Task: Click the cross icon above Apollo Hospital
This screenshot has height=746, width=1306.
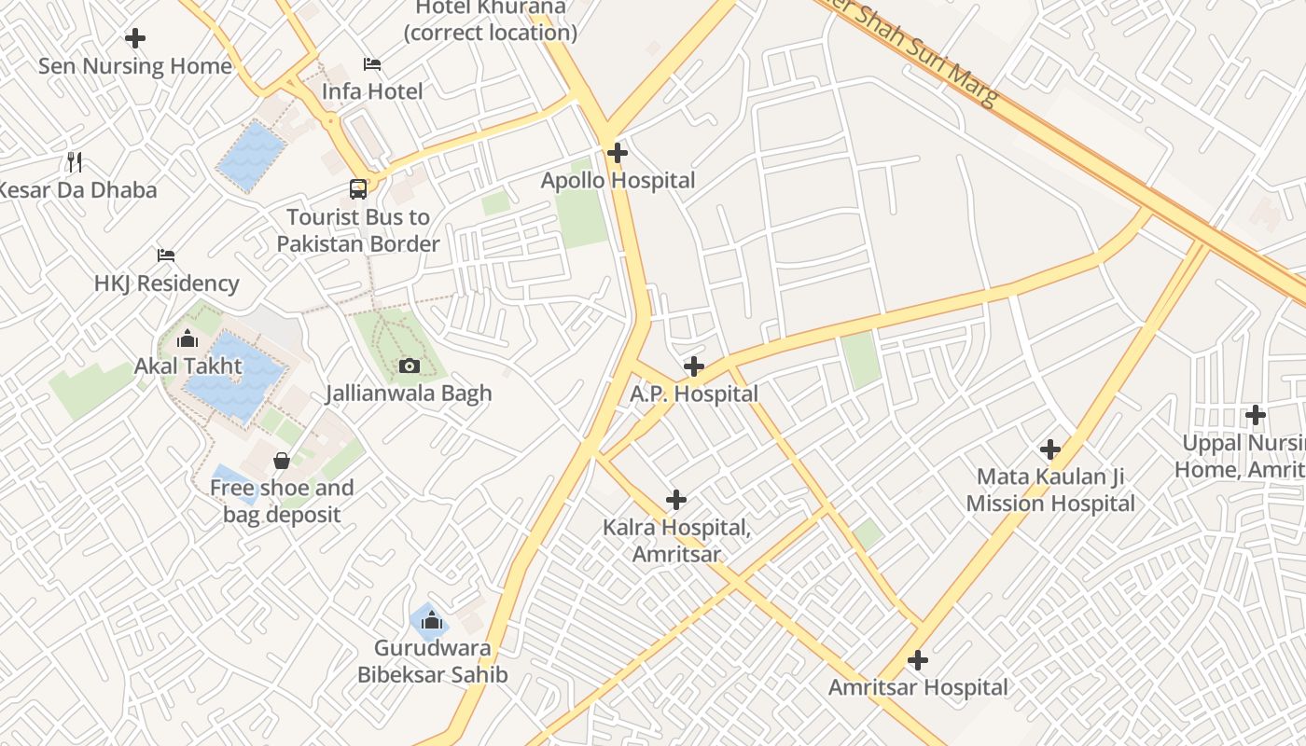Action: [618, 153]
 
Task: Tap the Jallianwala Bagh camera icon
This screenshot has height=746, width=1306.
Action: [409, 366]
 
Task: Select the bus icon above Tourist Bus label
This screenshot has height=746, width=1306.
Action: [358, 189]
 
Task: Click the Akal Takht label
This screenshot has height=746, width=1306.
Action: [188, 366]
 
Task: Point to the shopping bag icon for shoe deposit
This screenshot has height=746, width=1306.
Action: [281, 461]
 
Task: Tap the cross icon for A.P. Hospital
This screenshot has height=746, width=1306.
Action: [693, 366]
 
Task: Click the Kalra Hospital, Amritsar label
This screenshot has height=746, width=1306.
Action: [676, 541]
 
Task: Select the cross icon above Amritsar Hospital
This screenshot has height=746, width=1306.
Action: [918, 660]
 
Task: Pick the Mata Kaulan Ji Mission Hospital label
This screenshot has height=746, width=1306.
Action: [1050, 490]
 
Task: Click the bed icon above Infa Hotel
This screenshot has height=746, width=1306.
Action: [372, 64]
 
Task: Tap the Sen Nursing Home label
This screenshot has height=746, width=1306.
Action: [135, 66]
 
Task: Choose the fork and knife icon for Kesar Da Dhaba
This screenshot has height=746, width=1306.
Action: [75, 162]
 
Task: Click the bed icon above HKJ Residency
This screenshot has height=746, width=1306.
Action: [166, 255]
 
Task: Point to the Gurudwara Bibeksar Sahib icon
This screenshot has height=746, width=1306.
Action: [431, 619]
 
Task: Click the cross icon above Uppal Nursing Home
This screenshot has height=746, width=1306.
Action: [1256, 415]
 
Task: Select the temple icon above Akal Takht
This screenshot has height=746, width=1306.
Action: [188, 338]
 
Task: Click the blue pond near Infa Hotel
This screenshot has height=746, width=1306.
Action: [251, 156]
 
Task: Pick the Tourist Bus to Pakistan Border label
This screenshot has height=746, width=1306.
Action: [358, 230]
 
